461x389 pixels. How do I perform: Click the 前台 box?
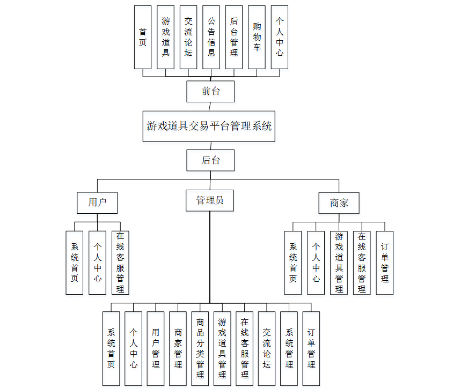click(210, 91)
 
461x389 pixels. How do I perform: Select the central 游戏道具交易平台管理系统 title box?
click(209, 126)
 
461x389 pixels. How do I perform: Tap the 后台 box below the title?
click(210, 160)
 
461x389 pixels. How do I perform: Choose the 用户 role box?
click(97, 203)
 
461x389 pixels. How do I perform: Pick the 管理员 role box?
click(210, 200)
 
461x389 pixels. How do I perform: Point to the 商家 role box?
click(339, 203)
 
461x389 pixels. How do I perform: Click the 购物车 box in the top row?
click(257, 37)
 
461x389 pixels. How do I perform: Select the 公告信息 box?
click(211, 37)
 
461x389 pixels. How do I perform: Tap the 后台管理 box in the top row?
click(234, 37)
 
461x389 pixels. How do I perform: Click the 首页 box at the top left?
click(143, 37)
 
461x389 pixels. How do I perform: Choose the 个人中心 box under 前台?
click(280, 37)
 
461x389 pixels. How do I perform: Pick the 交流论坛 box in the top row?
click(188, 37)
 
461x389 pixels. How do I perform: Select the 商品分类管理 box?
click(200, 348)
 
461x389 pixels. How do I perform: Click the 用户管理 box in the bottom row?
click(156, 348)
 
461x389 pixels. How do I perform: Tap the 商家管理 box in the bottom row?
click(178, 348)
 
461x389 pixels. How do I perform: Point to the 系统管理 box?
click(289, 348)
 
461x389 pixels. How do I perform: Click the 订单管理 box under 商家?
click(385, 263)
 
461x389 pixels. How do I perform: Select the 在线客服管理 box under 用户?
click(120, 263)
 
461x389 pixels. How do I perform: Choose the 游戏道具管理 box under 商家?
click(339, 263)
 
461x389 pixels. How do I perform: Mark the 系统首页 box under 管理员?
click(111, 348)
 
